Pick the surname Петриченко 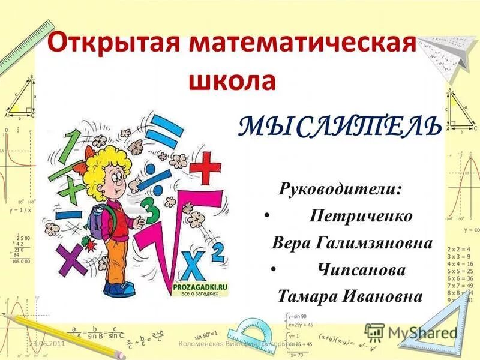coord(361,216)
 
